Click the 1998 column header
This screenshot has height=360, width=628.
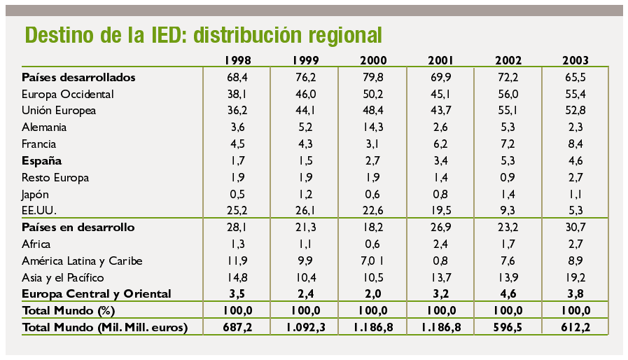click(x=238, y=60)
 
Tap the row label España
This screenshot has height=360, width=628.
click(x=42, y=160)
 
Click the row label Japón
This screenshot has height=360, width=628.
click(x=36, y=194)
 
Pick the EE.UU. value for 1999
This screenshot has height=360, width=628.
click(x=305, y=211)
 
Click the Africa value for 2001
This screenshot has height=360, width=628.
click(x=440, y=244)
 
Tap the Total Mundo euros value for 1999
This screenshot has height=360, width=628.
click(x=305, y=327)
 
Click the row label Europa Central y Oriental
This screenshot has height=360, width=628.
click(x=97, y=293)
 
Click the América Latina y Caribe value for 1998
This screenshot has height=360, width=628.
click(x=238, y=261)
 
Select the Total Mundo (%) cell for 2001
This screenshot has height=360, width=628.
click(x=440, y=310)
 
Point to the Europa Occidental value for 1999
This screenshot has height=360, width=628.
click(x=305, y=94)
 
